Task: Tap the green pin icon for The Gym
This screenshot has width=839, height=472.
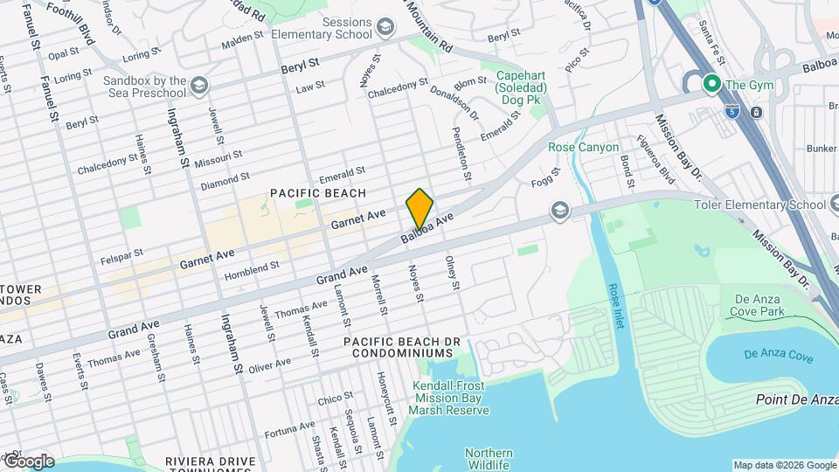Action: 711,85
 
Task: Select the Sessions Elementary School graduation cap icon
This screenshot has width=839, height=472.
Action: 384,29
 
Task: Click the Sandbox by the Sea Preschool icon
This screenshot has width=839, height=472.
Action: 200,87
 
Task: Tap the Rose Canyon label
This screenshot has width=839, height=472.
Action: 583,147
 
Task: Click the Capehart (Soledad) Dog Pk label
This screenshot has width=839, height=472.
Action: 521,88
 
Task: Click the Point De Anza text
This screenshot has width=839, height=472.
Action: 796,399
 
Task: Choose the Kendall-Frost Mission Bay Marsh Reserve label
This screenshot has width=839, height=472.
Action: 451,398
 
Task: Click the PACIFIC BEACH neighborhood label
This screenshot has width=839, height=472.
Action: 317,192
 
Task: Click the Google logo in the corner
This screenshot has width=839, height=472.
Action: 29,462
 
